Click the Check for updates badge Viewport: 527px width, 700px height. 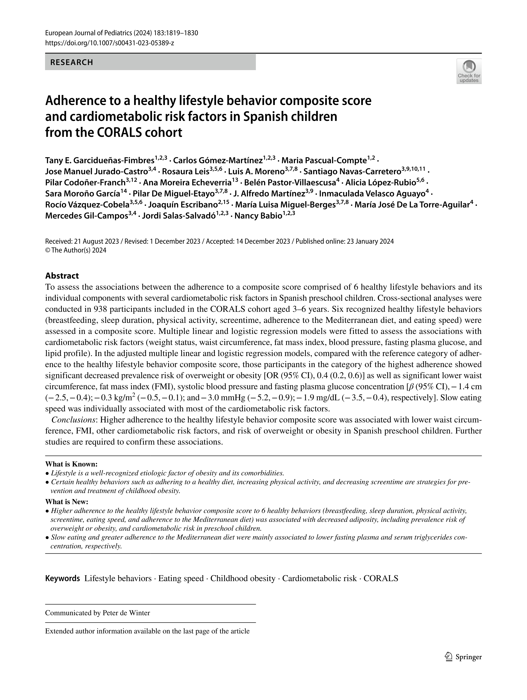tap(469, 71)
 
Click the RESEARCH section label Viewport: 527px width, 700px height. tap(72, 62)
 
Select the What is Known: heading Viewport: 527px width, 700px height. tap(71, 464)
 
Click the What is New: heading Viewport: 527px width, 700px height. tap(67, 502)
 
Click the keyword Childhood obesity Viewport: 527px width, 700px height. tap(243, 578)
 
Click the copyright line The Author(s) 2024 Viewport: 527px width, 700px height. tap(78, 250)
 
